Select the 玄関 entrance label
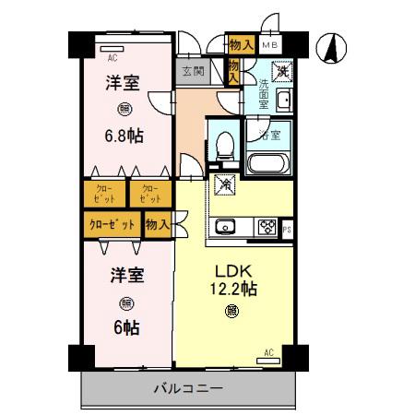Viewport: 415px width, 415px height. tap(193, 71)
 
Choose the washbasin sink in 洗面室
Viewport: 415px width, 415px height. tap(284, 100)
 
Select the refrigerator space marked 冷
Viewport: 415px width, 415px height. tap(224, 184)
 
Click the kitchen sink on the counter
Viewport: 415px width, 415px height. tap(228, 226)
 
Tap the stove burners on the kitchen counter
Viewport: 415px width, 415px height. tap(268, 226)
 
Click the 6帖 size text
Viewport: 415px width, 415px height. tap(125, 326)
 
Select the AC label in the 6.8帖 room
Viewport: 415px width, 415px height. tap(112, 55)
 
